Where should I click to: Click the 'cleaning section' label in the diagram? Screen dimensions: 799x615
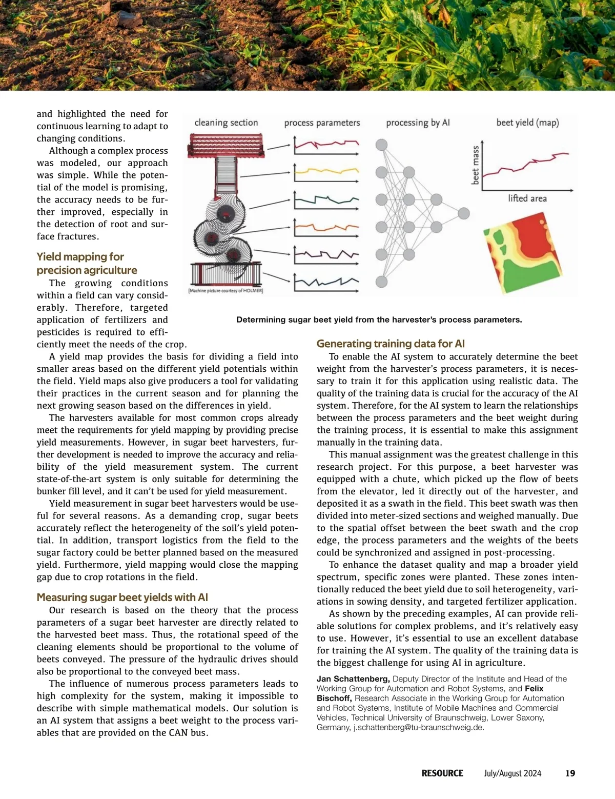[226, 123]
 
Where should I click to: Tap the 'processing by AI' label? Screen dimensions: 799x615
[418, 123]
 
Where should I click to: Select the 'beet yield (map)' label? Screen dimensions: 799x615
[527, 123]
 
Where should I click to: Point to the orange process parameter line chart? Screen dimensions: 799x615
[326, 227]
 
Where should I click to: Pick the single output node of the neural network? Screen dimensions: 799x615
[464, 213]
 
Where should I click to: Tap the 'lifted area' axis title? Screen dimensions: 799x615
[527, 198]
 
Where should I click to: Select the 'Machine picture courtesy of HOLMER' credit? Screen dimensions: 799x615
[225, 291]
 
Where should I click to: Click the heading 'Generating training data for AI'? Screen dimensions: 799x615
[391, 344]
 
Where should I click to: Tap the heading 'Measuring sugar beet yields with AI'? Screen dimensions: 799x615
[122, 597]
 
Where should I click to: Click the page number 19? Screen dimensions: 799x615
[570, 773]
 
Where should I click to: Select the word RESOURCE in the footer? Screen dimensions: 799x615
[442, 773]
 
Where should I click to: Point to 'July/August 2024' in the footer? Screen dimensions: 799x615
[512, 773]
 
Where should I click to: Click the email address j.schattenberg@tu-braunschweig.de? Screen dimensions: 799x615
[418, 727]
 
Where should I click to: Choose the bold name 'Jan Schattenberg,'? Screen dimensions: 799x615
[353, 679]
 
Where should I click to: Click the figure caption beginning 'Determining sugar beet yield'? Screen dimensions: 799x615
[379, 320]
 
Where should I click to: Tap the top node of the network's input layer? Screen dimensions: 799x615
[381, 145]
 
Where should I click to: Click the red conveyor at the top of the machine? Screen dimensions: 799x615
[226, 145]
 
